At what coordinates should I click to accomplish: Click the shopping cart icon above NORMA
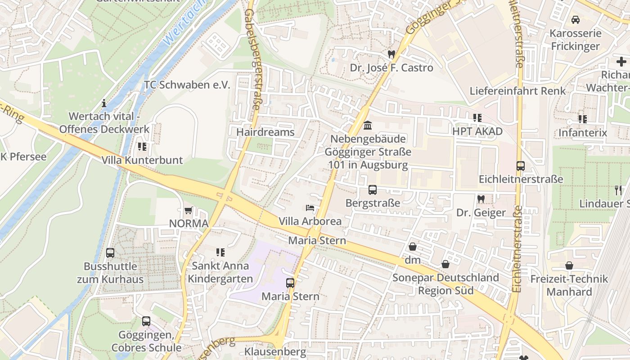[x=189, y=211]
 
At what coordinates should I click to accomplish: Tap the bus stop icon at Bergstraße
[x=373, y=190]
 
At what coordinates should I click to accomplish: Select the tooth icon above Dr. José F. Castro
[x=391, y=54]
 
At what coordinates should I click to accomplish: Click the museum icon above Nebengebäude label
[x=368, y=125]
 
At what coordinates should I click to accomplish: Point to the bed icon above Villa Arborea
[x=310, y=208]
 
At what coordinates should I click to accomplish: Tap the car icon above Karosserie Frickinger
[x=575, y=20]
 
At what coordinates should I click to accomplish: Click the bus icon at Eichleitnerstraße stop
[x=521, y=166]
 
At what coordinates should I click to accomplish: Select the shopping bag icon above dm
[x=413, y=247]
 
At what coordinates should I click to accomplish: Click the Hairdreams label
[x=265, y=132]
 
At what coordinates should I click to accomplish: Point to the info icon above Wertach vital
[x=104, y=103]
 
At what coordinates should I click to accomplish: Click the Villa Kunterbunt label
[x=142, y=160]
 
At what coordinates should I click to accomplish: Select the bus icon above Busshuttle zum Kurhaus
[x=110, y=253]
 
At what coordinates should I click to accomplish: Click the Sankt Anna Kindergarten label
[x=220, y=272]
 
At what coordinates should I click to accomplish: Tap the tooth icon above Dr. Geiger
[x=481, y=199]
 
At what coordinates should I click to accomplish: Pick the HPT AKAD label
[x=477, y=132]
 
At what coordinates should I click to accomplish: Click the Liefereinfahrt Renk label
[x=517, y=91]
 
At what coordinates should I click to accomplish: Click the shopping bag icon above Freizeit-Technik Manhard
[x=569, y=265]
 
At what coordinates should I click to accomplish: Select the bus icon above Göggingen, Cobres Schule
[x=146, y=321]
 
